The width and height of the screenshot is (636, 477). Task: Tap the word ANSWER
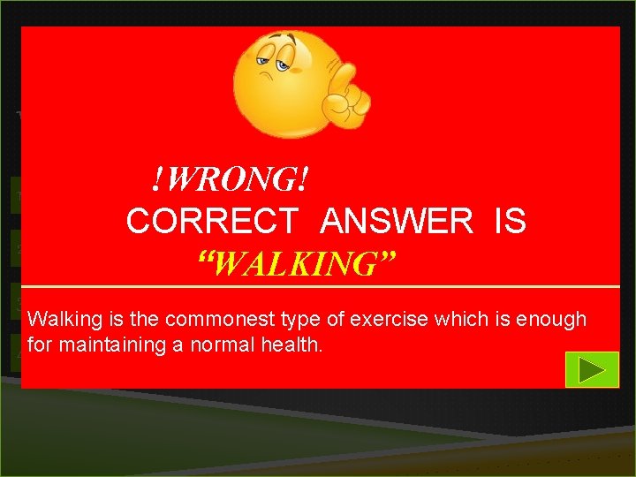click(x=397, y=222)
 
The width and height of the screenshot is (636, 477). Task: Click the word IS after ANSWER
click(x=511, y=222)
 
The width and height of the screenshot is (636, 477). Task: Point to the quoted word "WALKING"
click(x=297, y=262)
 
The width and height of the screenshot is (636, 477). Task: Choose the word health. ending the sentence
click(x=295, y=344)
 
